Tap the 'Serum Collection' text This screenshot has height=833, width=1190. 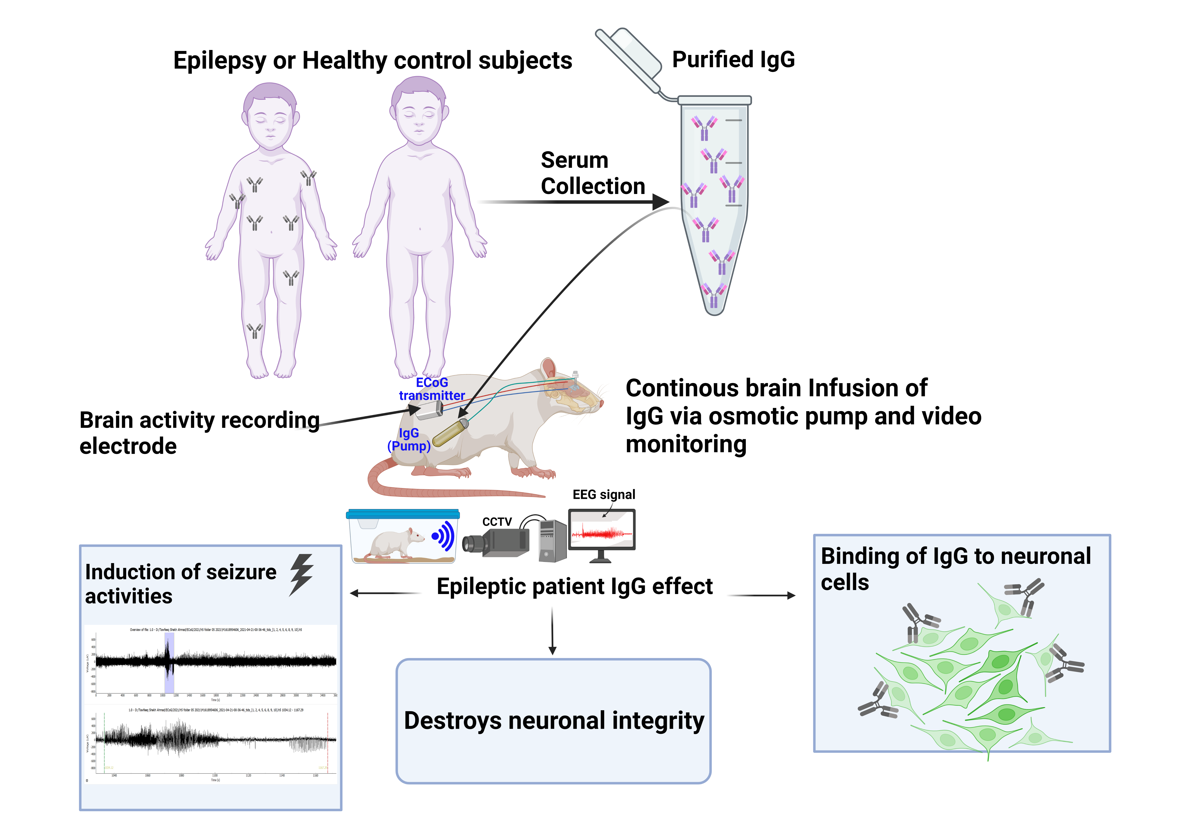pos(592,173)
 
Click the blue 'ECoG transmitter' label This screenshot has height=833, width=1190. pos(432,389)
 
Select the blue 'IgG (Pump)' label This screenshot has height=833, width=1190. pos(409,440)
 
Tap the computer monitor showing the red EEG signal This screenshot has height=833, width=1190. pos(602,531)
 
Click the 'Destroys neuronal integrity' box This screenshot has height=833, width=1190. pos(553,721)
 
